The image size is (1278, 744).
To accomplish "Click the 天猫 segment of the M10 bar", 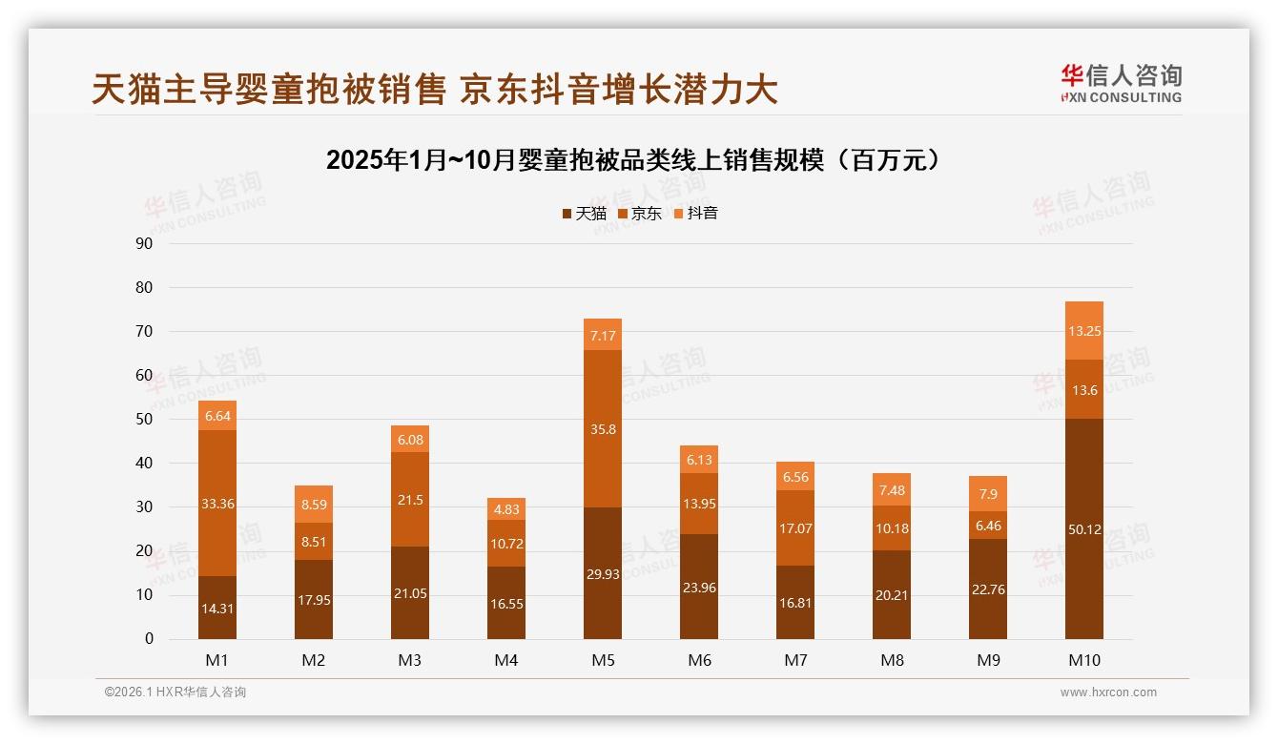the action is (1083, 529).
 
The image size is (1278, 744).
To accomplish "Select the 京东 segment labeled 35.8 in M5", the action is (603, 429).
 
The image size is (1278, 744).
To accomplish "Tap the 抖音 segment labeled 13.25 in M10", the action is (1083, 330).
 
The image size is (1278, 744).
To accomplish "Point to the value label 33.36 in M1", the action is (217, 504).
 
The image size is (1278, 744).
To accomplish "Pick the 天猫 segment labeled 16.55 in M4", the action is (506, 604).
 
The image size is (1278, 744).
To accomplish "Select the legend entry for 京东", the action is (640, 214).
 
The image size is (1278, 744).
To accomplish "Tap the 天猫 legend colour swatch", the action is (567, 214).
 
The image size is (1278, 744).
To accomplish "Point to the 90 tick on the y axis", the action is (145, 243).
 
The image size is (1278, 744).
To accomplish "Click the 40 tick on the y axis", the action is (145, 463).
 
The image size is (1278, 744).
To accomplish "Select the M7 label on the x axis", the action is (795, 660).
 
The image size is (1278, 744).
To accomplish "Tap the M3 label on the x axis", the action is (410, 660).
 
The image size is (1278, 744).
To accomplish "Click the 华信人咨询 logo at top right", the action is (1121, 83).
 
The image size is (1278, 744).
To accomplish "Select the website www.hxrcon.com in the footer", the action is (1108, 692).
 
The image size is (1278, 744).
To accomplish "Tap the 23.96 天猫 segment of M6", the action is (699, 588).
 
